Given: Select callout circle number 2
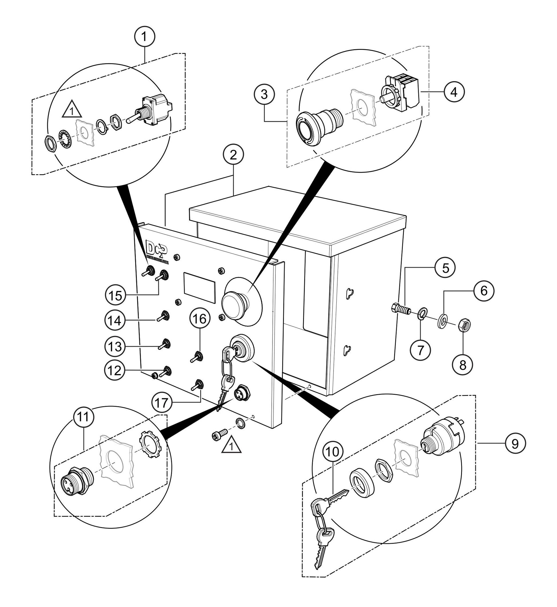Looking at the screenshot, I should tap(233, 155).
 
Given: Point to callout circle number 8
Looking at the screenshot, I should tap(462, 365).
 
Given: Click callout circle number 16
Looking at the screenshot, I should tap(200, 319).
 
